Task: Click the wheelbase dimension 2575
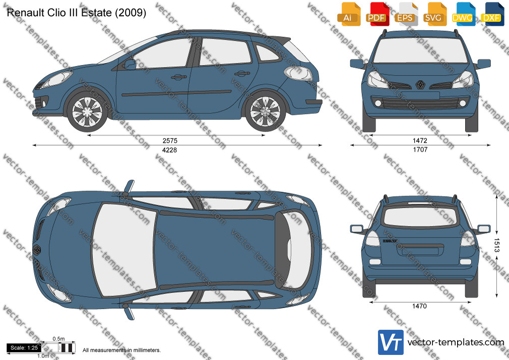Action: point(170,141)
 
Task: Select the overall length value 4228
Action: point(169,150)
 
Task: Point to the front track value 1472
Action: point(420,141)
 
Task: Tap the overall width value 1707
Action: point(420,150)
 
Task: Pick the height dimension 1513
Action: point(497,245)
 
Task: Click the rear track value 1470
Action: point(419,306)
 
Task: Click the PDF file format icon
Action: point(376,14)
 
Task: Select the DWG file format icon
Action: point(463,14)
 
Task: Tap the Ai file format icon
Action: point(348,14)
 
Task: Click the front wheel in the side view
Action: point(87,111)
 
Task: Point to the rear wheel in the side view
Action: point(265,111)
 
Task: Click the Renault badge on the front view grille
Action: point(420,85)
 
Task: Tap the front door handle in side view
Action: point(179,77)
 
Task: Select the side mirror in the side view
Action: point(130,65)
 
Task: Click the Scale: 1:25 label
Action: point(24,348)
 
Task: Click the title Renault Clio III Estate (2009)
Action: point(77,13)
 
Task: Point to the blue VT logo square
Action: point(391,342)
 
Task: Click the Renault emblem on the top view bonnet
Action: point(37,250)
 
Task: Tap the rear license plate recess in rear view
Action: point(420,252)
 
